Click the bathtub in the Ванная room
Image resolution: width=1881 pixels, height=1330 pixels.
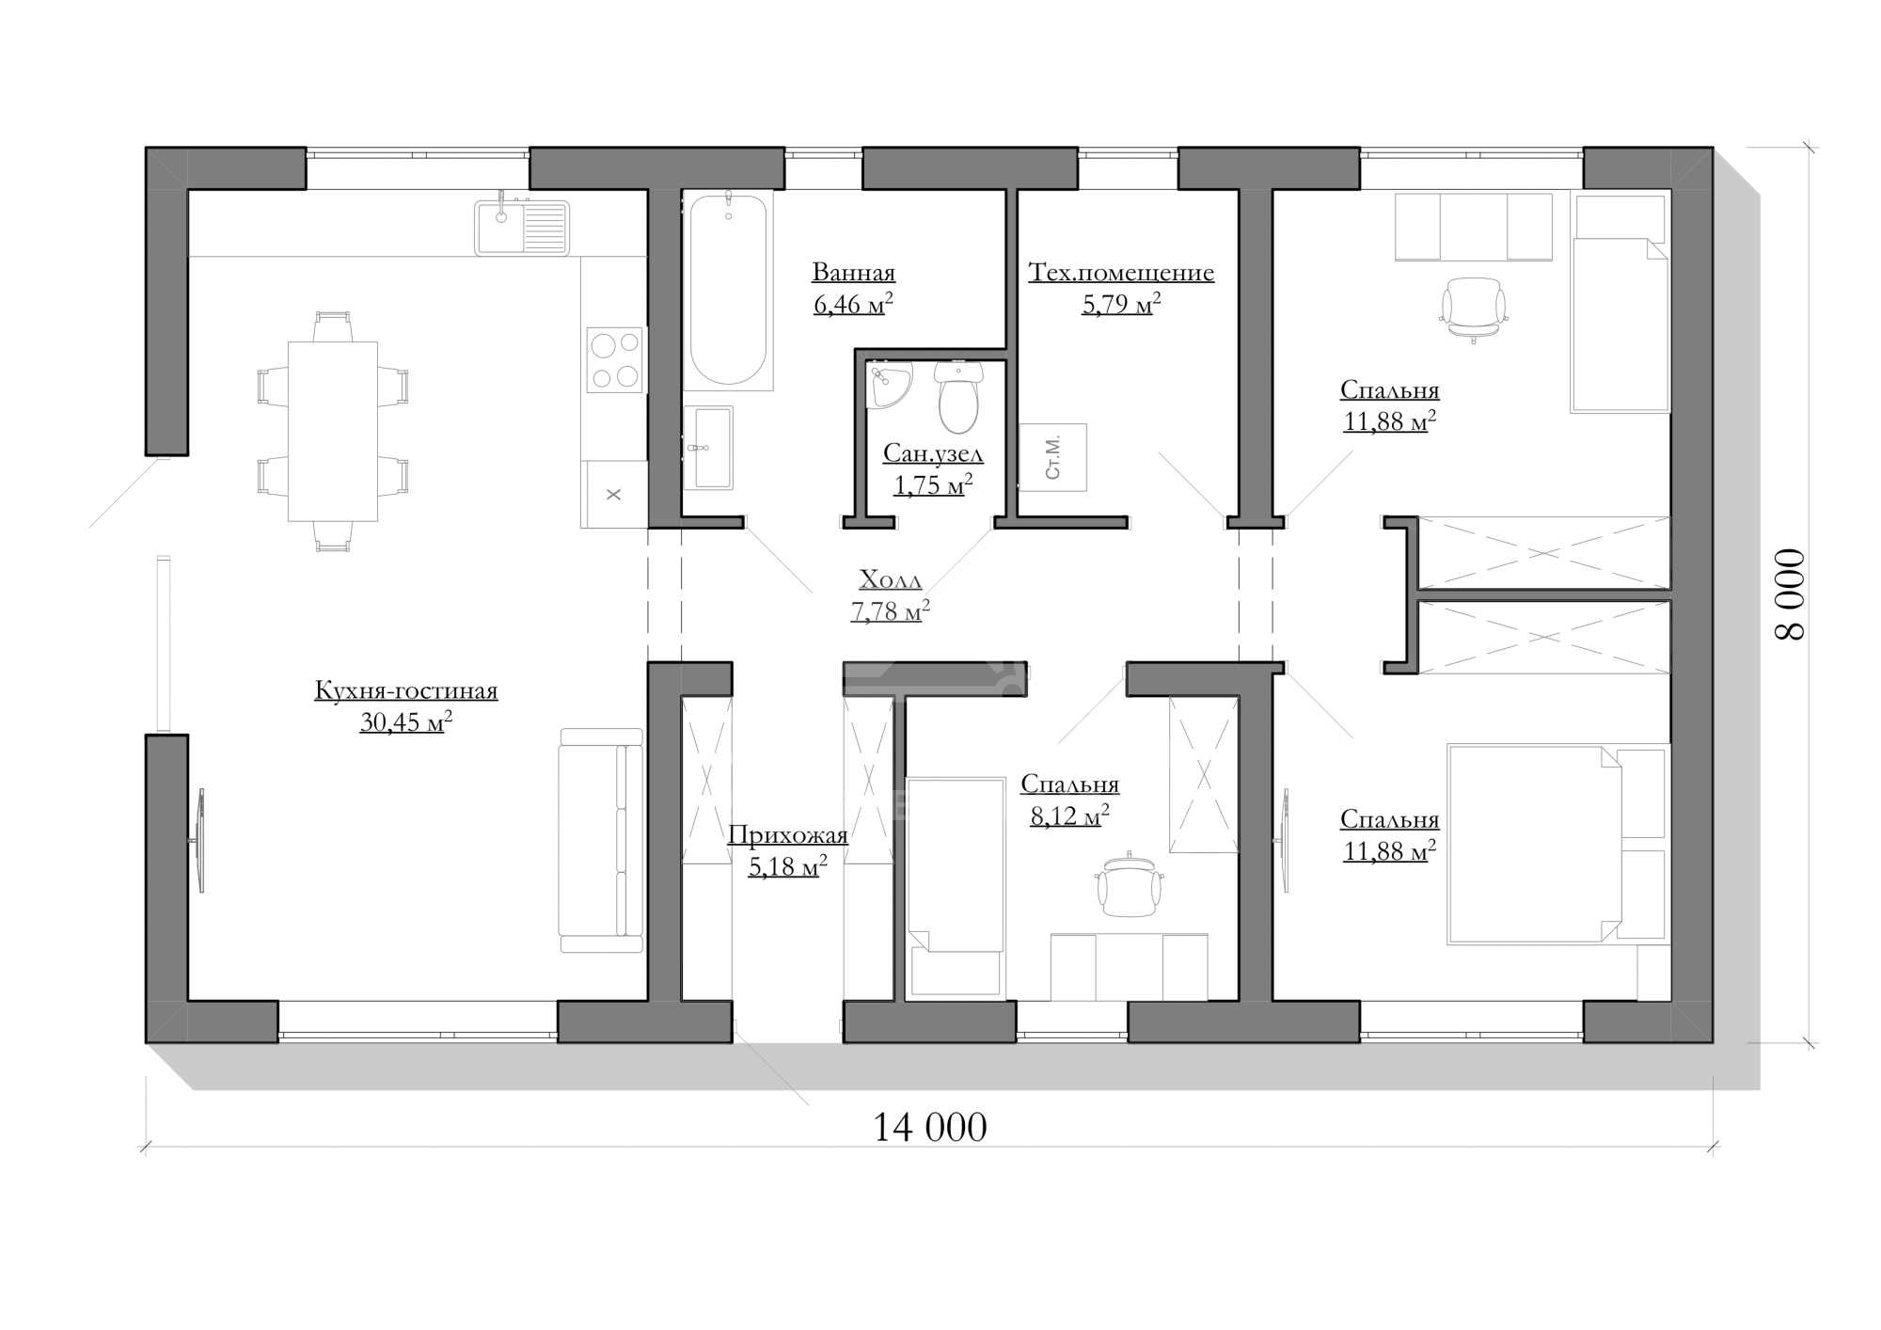click(x=728, y=290)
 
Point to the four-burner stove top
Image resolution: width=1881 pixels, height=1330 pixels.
click(x=615, y=359)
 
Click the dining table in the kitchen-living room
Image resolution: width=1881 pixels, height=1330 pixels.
click(x=332, y=431)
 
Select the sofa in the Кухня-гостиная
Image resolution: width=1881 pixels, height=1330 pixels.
click(x=601, y=840)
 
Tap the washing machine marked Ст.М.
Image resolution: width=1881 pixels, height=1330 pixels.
click(x=1052, y=457)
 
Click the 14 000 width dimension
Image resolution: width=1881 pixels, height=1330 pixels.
click(x=930, y=1127)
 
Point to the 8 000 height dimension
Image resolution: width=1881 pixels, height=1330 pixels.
click(x=1790, y=594)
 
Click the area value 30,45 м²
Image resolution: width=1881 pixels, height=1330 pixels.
click(x=406, y=721)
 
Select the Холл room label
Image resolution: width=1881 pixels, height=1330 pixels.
click(x=891, y=578)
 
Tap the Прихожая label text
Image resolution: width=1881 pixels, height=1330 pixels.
click(x=788, y=834)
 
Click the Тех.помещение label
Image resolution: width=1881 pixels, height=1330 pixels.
click(x=1121, y=273)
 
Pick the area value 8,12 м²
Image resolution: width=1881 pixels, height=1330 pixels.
click(x=1069, y=815)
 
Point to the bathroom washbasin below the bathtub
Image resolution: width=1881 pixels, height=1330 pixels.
click(x=708, y=448)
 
